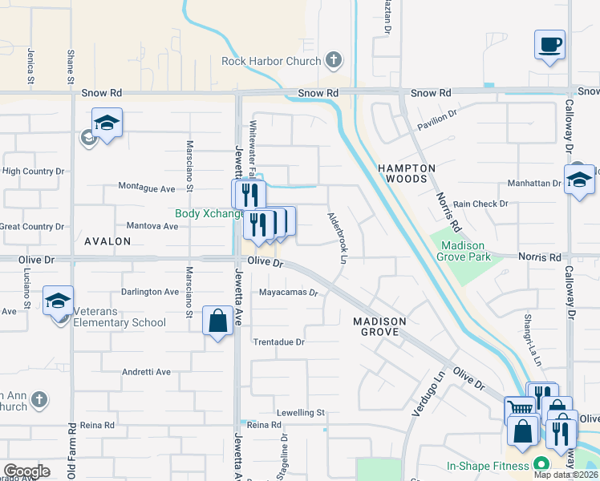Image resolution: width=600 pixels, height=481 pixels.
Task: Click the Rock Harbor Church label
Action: point(272,61)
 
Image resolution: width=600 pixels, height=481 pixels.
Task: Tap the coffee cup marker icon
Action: point(549,45)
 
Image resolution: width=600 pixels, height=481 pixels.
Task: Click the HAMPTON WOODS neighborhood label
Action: point(407,173)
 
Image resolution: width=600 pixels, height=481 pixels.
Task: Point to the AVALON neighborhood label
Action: point(107,240)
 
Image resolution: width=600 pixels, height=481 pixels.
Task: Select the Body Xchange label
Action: point(210,214)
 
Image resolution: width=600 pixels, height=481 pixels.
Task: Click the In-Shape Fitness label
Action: point(489,466)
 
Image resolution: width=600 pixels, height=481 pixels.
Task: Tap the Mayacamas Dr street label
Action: point(288,293)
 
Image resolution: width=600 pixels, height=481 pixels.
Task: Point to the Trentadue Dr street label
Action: point(279,342)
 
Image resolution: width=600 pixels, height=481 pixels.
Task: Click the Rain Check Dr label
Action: point(480,204)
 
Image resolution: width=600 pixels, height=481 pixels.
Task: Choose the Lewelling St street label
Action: point(299,412)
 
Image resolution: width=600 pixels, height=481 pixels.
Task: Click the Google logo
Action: point(26,471)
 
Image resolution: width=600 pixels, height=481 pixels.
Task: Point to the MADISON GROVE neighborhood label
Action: point(380,326)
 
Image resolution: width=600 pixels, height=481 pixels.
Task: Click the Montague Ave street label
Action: point(147,188)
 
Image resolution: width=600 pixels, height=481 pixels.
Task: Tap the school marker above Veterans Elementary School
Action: point(59,301)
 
